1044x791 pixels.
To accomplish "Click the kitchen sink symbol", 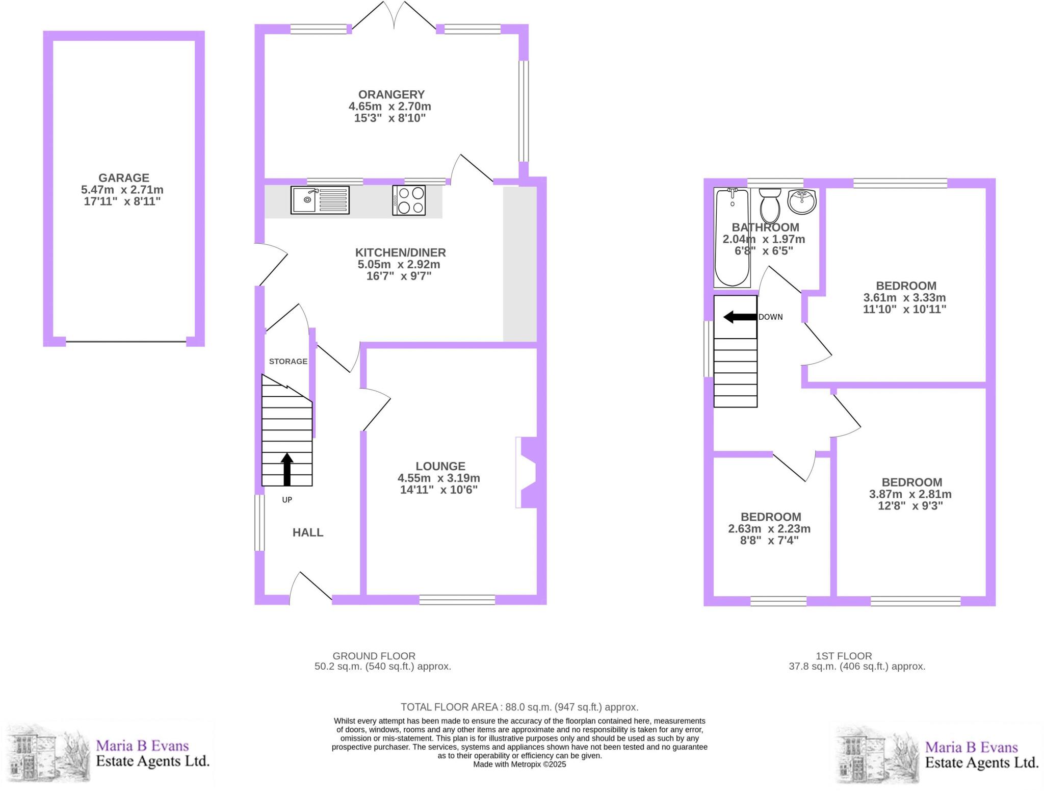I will pos(320,200).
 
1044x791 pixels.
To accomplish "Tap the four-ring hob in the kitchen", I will pos(409,200).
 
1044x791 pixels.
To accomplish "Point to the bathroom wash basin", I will pos(802,201).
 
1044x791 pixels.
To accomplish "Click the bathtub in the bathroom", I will pos(733,237).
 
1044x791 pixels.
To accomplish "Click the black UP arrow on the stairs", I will pos(287,469).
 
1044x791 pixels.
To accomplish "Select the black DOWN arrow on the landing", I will pos(740,317).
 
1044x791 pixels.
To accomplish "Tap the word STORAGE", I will pos(288,361).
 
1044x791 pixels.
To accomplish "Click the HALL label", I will pos(308,532).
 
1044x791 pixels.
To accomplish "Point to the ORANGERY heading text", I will pos(391,94).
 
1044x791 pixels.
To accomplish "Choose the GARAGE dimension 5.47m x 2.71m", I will pos(122,190).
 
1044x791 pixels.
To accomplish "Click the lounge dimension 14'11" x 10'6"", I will pos(439,490).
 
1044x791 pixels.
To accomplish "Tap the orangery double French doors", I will pos(394,15).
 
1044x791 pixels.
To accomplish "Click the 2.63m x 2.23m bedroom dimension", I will pos(769,529).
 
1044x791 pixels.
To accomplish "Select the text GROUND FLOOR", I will pos(374,656).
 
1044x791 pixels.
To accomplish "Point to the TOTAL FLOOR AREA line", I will pos(519,707).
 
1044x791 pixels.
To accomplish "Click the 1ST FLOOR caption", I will pos(844,656).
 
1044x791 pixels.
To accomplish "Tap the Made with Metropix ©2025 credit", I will pos(519,764).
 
